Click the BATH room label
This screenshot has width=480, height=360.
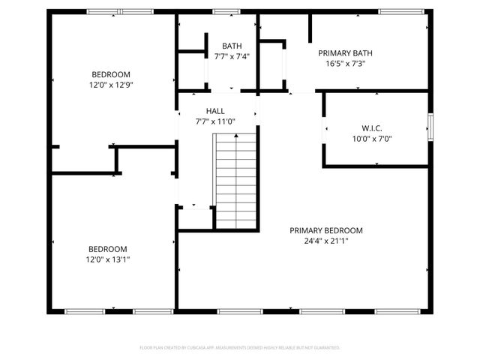[231, 46]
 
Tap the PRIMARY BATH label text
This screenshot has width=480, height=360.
[345, 53]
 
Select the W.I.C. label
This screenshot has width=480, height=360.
[372, 127]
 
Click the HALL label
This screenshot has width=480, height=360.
[215, 111]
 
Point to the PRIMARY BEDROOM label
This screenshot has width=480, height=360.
[326, 230]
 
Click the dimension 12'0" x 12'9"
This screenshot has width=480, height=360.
[112, 85]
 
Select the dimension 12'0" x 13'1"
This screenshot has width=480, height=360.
[109, 259]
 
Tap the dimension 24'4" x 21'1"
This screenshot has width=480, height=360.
[326, 241]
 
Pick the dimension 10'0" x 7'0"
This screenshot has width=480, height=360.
[372, 138]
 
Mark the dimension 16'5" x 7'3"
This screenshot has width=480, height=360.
[345, 64]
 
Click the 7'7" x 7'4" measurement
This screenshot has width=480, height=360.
[231, 56]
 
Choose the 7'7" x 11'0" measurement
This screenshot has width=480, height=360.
[215, 121]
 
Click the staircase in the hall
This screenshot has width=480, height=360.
[237, 180]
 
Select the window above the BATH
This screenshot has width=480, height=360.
[223, 12]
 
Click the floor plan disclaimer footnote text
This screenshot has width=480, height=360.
[240, 347]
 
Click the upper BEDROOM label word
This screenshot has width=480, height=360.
[112, 74]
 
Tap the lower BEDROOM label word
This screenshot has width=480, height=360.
[109, 249]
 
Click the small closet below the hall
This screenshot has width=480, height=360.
[194, 217]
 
